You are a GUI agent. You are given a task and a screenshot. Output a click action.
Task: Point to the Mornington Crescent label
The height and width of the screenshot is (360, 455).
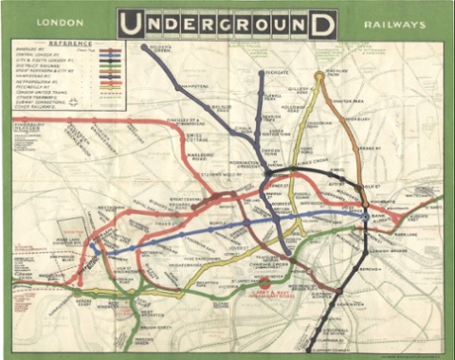242,162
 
